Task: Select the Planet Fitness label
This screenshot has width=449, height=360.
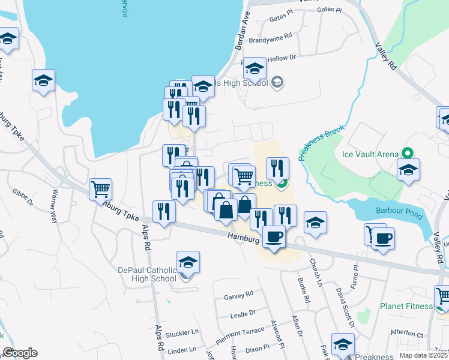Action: (406, 306)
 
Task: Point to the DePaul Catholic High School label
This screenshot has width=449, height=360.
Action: (147, 274)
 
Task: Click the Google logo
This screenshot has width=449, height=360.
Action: (20, 353)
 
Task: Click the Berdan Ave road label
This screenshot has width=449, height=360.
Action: (246, 25)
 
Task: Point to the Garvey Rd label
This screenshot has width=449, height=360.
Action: (239, 295)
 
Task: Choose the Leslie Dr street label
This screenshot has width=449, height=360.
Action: (243, 313)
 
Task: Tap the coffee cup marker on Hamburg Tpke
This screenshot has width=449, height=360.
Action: (274, 236)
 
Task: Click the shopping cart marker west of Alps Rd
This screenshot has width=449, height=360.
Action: (101, 189)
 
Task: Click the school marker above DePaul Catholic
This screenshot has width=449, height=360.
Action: (188, 262)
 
